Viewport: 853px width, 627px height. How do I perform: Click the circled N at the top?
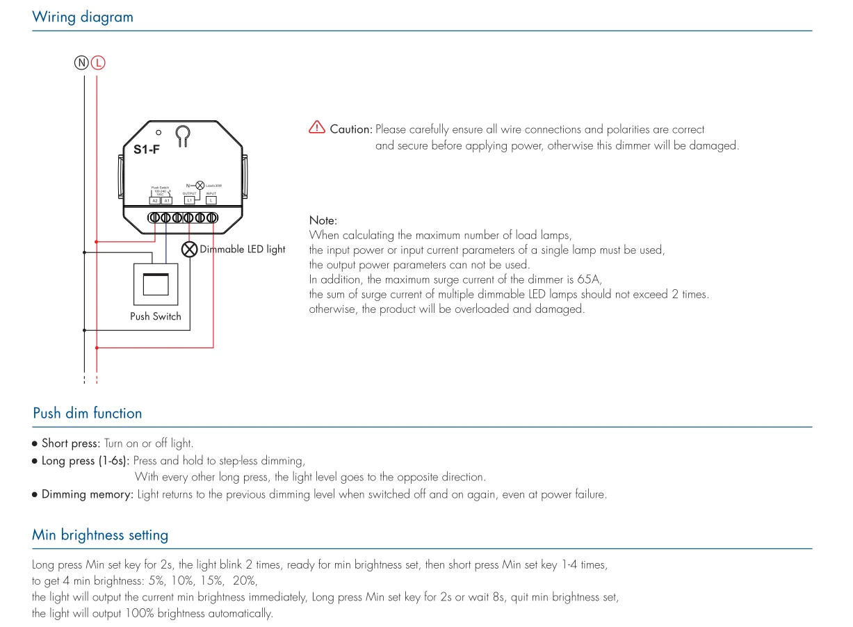click(x=81, y=63)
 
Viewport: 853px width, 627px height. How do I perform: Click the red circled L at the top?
click(x=98, y=63)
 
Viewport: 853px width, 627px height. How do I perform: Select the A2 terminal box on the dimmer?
click(x=155, y=200)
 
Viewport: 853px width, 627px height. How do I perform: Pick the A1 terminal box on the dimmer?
click(x=167, y=200)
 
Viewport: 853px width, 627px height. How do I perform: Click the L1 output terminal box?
click(x=189, y=200)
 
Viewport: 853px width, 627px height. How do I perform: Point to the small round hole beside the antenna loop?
click(x=159, y=131)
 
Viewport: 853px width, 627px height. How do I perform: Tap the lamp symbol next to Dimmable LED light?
click(x=189, y=249)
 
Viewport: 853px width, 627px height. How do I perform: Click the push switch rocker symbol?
click(x=156, y=284)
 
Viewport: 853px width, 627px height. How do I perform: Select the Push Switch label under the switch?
click(x=156, y=316)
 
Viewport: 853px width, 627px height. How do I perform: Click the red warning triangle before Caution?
click(x=316, y=127)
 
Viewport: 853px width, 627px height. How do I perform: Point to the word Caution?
click(x=351, y=129)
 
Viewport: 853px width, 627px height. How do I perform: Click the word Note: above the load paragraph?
click(x=323, y=220)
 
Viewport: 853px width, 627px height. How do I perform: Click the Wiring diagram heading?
click(x=83, y=17)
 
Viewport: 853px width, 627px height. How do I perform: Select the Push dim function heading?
click(x=88, y=414)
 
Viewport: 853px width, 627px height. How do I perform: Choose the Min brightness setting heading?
click(x=100, y=535)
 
